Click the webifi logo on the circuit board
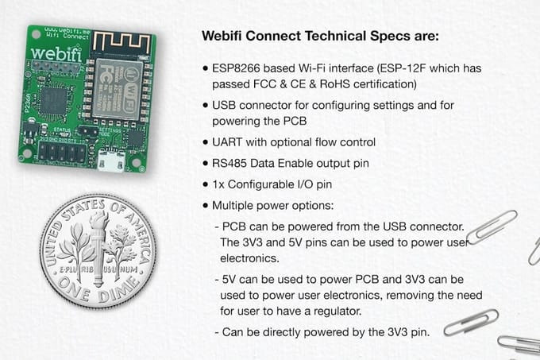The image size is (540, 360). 55,54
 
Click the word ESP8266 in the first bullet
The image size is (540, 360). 239,68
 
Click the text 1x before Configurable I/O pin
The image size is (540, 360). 219,184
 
